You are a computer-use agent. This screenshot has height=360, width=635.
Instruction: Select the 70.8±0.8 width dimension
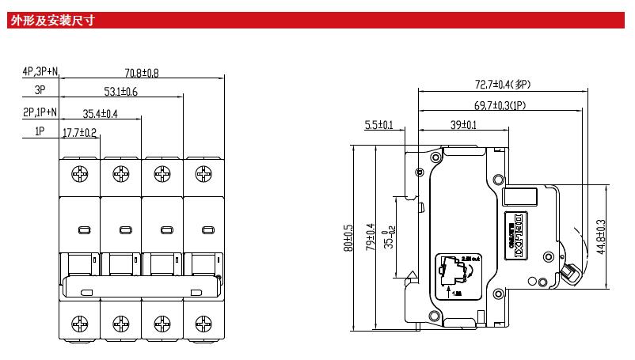click(x=142, y=74)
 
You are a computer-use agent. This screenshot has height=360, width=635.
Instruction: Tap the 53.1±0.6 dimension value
click(x=120, y=93)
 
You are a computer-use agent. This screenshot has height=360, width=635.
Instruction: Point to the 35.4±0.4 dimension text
click(x=100, y=113)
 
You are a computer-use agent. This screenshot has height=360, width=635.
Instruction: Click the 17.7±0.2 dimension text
click(x=79, y=133)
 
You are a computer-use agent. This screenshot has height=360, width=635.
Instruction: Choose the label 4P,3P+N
click(x=40, y=71)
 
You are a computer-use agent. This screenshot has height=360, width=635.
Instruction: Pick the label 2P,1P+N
click(x=40, y=112)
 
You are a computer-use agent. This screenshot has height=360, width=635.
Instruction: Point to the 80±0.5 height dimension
click(x=348, y=237)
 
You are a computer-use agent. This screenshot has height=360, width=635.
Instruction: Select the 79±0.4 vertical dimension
click(x=369, y=237)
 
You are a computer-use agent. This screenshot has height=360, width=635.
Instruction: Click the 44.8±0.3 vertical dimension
click(x=602, y=237)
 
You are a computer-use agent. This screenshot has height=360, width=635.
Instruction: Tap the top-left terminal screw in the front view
click(x=80, y=172)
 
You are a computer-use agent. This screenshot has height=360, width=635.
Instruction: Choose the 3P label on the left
click(x=40, y=91)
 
